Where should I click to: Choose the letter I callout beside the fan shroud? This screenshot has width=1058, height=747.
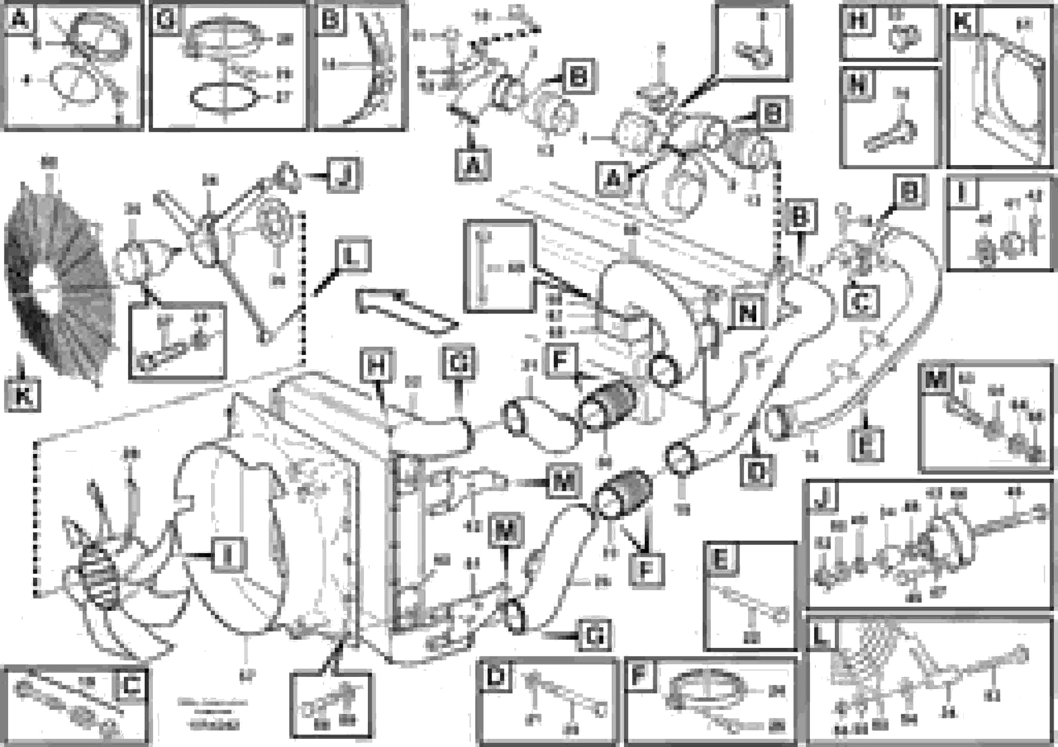pyautogui.click(x=227, y=556)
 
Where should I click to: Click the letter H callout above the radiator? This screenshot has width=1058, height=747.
pyautogui.click(x=377, y=367)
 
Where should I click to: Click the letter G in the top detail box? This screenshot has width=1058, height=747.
pyautogui.click(x=165, y=20)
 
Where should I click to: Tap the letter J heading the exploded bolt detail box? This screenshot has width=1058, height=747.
pyautogui.click(x=822, y=497)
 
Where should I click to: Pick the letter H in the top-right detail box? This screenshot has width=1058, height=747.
pyautogui.click(x=858, y=20)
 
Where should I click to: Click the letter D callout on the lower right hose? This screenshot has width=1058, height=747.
pyautogui.click(x=757, y=471)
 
